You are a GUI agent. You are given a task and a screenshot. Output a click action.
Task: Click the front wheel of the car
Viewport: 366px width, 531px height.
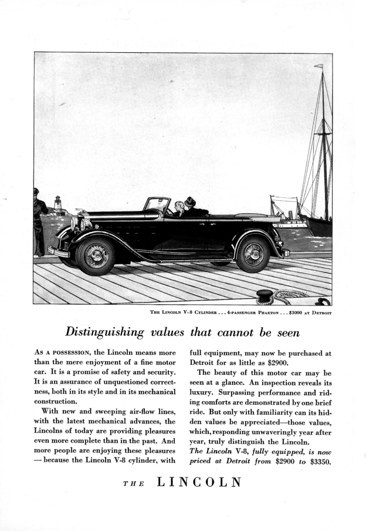(95, 255)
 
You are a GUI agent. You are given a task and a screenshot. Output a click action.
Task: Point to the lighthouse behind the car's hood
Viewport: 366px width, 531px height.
(58, 204)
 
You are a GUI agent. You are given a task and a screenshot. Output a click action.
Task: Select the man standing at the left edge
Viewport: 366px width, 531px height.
(39, 221)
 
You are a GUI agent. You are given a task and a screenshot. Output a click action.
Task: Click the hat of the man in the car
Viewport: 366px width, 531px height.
(190, 201)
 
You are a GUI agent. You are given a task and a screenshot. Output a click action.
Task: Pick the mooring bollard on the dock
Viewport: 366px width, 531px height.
(265, 295)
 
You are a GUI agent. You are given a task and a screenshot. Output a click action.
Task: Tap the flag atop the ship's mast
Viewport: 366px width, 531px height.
(318, 66)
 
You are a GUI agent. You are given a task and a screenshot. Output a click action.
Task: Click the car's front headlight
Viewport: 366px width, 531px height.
(75, 223)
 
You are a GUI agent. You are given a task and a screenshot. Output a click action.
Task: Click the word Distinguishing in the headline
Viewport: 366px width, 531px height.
(104, 332)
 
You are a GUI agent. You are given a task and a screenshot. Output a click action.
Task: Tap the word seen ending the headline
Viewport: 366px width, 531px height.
(286, 332)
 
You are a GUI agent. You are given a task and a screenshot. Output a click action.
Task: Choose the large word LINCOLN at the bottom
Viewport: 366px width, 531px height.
(199, 482)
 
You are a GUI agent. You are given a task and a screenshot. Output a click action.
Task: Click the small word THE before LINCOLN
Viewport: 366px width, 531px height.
(133, 483)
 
